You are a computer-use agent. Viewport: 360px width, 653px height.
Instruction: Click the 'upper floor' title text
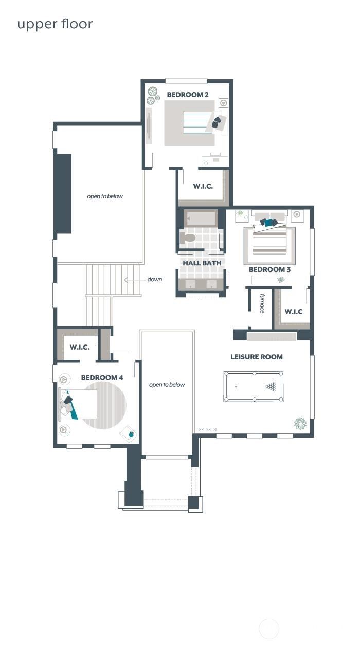pos(55,24)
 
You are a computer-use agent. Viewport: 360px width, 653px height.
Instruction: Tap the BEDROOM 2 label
pos(188,95)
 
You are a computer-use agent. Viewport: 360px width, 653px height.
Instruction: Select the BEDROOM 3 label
pos(269,269)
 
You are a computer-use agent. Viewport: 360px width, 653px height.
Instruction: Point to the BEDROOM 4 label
pos(102,378)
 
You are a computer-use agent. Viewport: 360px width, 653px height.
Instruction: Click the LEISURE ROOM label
pos(256,357)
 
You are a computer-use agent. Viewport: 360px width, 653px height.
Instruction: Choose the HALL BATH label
pos(202,263)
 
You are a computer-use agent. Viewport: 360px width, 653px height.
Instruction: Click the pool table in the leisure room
pos(253,386)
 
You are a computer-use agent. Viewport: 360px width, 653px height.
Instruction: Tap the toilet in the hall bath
pos(188,238)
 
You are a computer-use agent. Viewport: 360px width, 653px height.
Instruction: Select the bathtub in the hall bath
pos(201,219)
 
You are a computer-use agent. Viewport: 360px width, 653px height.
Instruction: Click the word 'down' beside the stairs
pos(154,280)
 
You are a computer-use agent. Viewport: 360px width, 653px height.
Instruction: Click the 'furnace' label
pos(262,303)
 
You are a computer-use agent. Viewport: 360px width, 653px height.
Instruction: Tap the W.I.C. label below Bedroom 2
pos(203,186)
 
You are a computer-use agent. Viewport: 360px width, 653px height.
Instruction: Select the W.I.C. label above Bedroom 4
pos(80,347)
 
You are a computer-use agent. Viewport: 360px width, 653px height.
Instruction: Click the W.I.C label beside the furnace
pos(294,312)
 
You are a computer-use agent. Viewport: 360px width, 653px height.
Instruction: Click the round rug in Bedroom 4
pos(105,405)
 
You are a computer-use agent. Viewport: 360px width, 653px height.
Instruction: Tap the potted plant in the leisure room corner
pos(300,423)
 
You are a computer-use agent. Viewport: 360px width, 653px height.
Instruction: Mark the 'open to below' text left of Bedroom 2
pos(105,196)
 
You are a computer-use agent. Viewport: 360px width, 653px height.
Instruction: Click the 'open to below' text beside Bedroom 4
pos(167,385)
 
